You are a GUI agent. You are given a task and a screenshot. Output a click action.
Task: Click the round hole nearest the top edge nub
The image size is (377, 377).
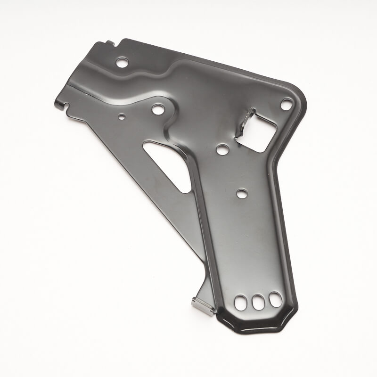[122, 62]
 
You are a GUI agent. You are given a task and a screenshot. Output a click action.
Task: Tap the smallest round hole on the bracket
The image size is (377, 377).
[122, 116]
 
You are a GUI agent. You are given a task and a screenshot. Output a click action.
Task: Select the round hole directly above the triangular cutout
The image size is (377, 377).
[158, 109]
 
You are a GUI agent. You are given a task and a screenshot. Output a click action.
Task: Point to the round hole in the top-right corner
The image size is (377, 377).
[286, 104]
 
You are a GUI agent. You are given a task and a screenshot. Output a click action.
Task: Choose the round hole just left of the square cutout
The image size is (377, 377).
[222, 149]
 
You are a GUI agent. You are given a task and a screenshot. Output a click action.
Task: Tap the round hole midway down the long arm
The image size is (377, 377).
[242, 193]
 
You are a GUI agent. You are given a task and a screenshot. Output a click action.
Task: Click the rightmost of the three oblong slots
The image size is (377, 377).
[275, 299]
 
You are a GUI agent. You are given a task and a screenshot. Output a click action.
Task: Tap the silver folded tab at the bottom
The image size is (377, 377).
[203, 306]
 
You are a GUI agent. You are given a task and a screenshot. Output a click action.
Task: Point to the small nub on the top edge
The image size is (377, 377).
[110, 43]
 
